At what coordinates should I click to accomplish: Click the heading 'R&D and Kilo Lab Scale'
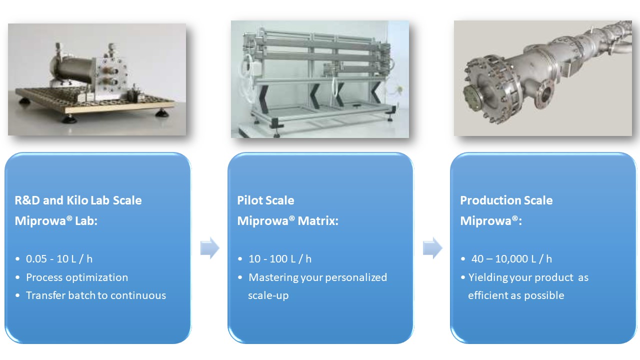point(78,200)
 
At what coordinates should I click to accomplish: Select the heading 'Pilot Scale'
point(265,200)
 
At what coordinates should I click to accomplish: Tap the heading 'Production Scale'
point(506,200)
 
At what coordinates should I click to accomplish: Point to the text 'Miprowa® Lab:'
point(56,220)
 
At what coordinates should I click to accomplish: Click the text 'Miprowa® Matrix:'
point(287,220)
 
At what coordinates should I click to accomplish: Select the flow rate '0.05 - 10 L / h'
point(59,259)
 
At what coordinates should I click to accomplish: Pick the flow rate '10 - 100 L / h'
point(280,259)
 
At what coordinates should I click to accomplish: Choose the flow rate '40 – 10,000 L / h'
point(511,259)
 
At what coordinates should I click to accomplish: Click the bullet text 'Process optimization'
point(77,277)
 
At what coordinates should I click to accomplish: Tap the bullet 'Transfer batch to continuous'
point(96,295)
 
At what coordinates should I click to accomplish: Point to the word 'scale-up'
point(268,295)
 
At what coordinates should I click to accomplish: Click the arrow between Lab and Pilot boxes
point(210,247)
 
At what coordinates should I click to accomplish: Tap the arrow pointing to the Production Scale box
point(432,247)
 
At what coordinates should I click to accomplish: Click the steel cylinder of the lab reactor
point(73,69)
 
